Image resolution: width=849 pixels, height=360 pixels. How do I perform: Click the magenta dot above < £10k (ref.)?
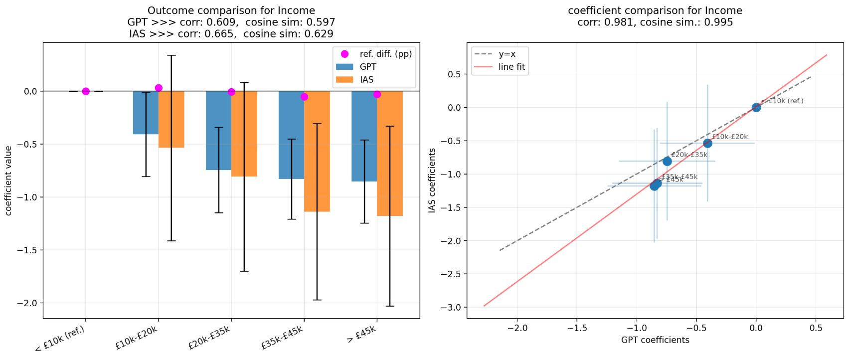[x=86, y=91]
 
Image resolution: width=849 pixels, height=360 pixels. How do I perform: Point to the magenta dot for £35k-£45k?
[x=304, y=97]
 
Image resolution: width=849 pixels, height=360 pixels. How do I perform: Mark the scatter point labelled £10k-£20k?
[x=707, y=144]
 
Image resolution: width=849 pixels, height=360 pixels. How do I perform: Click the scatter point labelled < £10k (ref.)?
[x=756, y=107]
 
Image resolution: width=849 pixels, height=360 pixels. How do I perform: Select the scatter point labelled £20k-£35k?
[x=667, y=161]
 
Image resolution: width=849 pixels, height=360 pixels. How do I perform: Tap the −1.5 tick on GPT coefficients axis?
[x=576, y=328]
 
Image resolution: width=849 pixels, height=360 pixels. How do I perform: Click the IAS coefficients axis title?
[x=432, y=181]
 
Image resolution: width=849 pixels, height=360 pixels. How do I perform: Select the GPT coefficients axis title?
[x=655, y=340]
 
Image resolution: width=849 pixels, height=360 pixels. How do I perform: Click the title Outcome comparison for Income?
[x=231, y=10]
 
